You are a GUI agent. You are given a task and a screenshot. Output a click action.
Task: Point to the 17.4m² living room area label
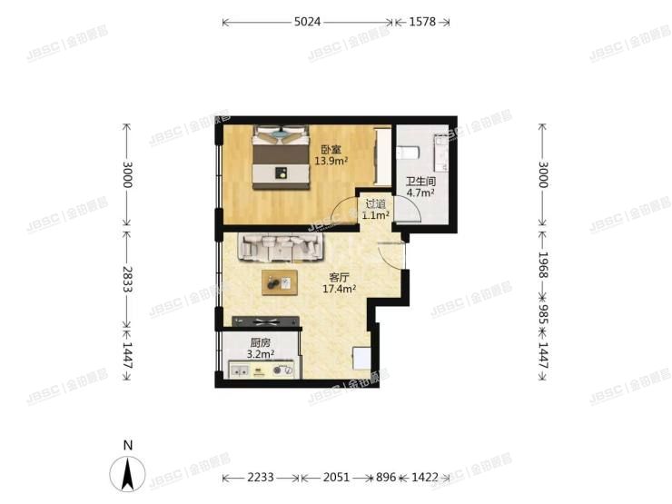tap(339, 289)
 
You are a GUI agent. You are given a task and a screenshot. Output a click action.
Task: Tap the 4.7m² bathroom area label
tap(420, 193)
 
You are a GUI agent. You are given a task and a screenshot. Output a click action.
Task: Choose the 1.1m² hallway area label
tap(375, 216)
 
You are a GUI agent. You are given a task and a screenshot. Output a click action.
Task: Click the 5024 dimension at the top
tap(307, 21)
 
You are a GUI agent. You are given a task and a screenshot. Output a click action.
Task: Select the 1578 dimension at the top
tap(421, 21)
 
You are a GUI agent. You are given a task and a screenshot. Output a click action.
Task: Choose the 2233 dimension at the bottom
tap(262, 477)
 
